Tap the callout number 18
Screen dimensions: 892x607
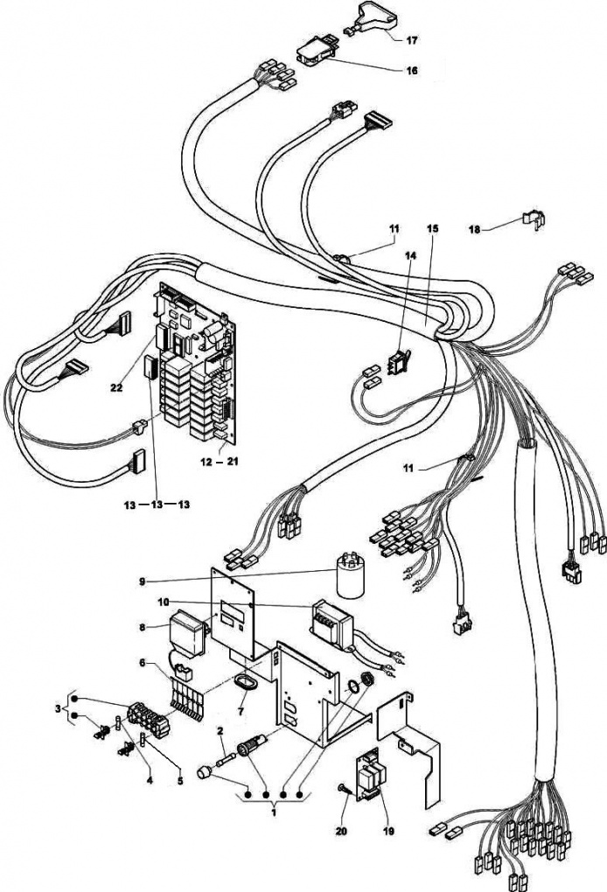pos(474,229)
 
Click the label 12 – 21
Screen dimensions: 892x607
pos(213,461)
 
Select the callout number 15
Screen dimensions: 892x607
pos(432,228)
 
